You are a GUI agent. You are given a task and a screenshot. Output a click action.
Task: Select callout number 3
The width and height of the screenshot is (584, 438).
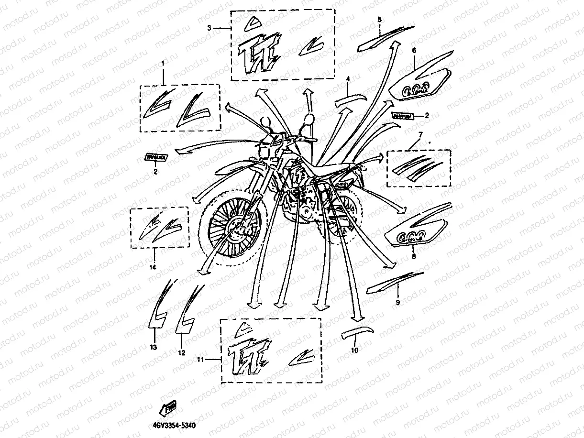click(209, 28)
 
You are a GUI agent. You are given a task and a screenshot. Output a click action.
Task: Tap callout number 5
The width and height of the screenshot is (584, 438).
click(379, 20)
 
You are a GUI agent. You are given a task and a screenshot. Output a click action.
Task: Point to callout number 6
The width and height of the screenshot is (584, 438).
click(414, 50)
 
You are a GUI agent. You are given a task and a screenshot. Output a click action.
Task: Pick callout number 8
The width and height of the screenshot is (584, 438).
click(414, 257)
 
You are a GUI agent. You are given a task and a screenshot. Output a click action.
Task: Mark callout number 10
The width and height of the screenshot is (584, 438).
click(354, 350)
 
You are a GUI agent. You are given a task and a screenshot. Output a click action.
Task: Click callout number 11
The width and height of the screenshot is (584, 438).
click(200, 359)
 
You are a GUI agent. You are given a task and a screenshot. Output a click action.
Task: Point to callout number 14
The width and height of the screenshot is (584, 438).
click(153, 267)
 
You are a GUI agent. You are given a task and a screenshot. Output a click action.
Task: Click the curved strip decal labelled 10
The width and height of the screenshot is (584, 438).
click(356, 332)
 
